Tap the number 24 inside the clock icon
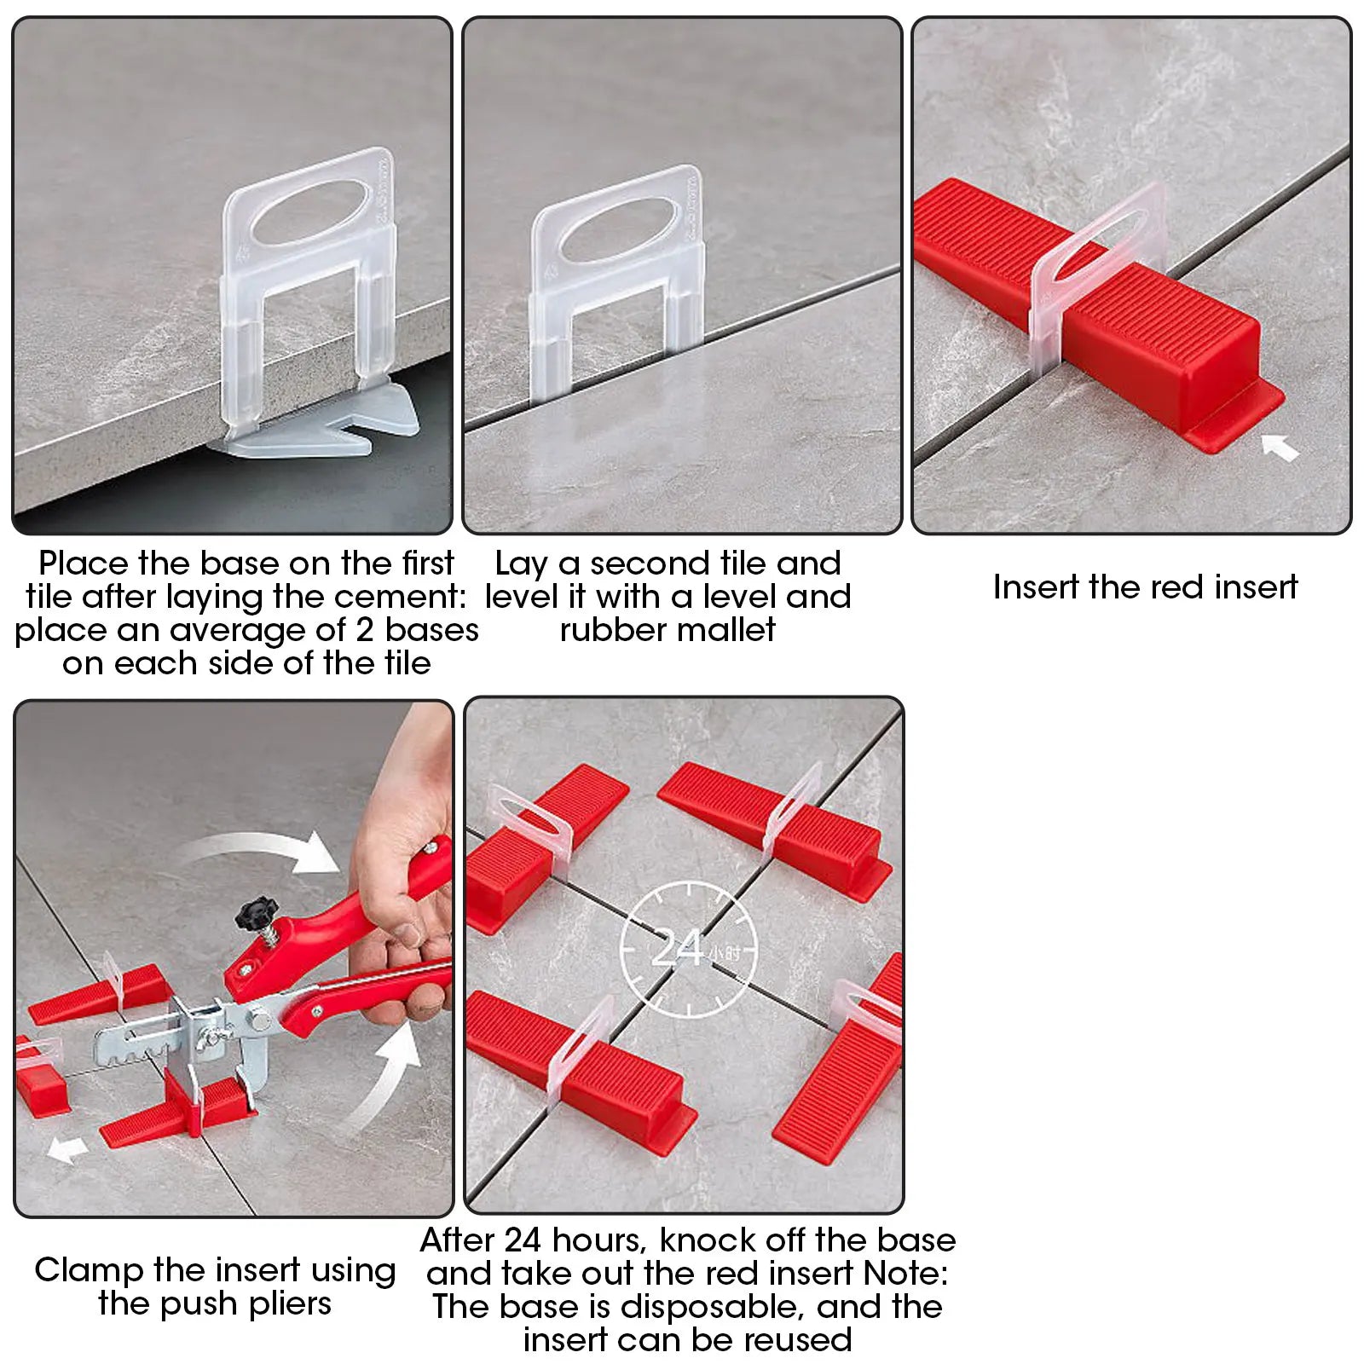click(678, 949)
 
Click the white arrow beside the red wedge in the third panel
click(1280, 446)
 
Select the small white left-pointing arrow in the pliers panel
click(67, 1148)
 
